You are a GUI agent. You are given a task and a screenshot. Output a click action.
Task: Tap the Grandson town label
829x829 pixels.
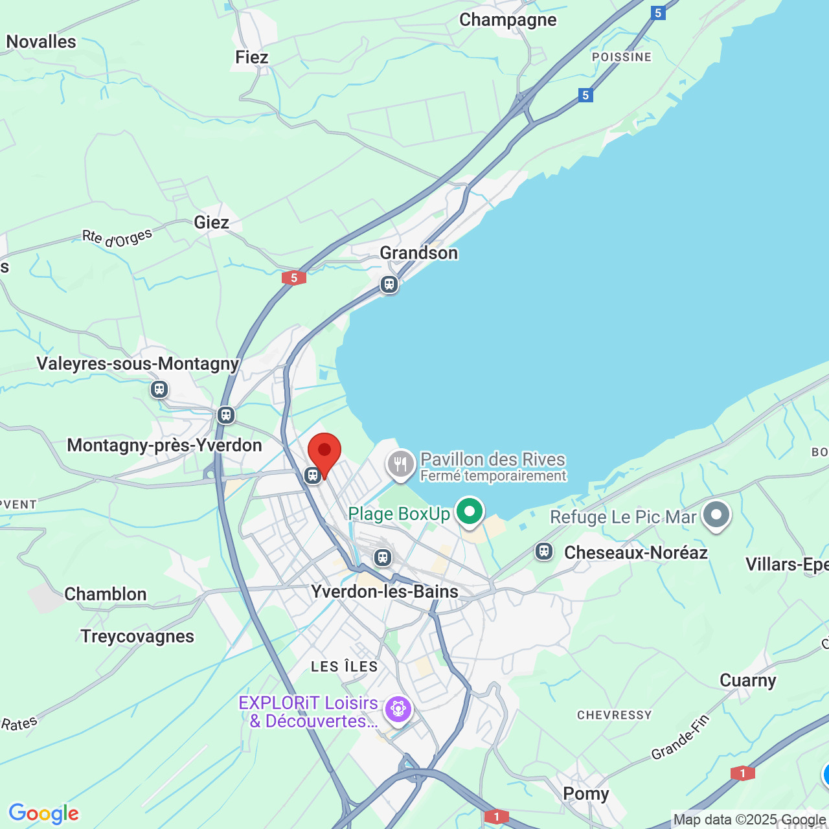pyautogui.click(x=418, y=253)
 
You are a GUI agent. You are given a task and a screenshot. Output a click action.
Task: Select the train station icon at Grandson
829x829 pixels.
pyautogui.click(x=389, y=284)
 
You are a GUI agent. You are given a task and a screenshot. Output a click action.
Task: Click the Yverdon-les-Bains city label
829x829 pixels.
pyautogui.click(x=385, y=591)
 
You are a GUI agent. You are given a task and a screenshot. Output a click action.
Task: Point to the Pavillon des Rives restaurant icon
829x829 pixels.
pyautogui.click(x=401, y=464)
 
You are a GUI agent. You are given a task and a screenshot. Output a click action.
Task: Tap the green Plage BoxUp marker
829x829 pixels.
pyautogui.click(x=470, y=512)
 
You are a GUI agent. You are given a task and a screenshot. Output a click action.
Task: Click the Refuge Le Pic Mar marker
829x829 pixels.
pyautogui.click(x=716, y=516)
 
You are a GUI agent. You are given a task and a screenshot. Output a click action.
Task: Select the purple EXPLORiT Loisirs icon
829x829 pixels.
pyautogui.click(x=398, y=709)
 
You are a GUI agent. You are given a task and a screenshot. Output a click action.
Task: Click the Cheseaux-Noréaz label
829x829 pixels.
pyautogui.click(x=635, y=552)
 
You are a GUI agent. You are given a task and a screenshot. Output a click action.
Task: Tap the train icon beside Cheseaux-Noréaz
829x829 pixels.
pyautogui.click(x=544, y=551)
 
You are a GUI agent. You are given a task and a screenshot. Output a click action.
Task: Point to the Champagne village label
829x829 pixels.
pyautogui.click(x=508, y=19)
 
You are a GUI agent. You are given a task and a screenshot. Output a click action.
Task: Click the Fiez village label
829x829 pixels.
pyautogui.click(x=251, y=57)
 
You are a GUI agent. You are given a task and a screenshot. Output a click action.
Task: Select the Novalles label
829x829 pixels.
pyautogui.click(x=41, y=41)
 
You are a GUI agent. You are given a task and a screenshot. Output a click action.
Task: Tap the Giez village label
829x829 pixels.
pyautogui.click(x=211, y=222)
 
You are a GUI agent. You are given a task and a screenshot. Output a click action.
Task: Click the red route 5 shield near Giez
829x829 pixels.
pyautogui.click(x=294, y=278)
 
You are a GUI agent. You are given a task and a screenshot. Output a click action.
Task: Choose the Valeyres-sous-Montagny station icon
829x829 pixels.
pyautogui.click(x=159, y=389)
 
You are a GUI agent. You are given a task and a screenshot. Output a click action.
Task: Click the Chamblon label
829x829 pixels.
pyautogui.click(x=105, y=594)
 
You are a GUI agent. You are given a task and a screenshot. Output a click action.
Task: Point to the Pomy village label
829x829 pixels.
pyautogui.click(x=585, y=793)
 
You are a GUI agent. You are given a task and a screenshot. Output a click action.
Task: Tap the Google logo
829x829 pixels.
pyautogui.click(x=43, y=813)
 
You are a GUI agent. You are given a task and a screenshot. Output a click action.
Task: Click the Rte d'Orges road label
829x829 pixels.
pyautogui.click(x=117, y=238)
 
